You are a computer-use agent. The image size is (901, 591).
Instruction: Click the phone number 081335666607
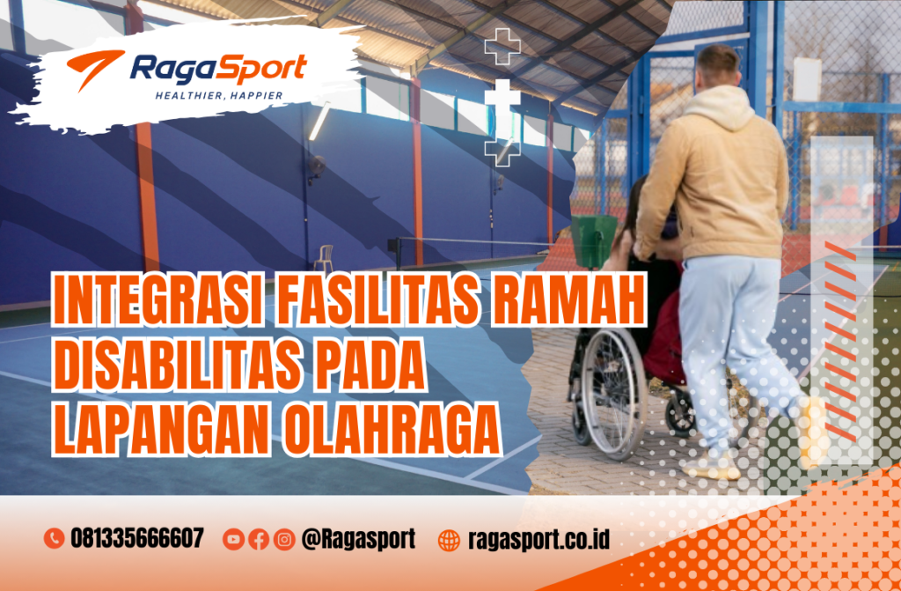coord(137,538)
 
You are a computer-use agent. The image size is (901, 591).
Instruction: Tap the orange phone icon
coord(54,538)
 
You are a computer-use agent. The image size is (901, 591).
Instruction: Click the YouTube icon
coord(233,539)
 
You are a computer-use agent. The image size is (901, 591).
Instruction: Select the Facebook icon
coord(259,539)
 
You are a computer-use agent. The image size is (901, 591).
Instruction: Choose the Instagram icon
coord(284,539)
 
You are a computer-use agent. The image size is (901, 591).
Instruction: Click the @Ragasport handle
coord(357,538)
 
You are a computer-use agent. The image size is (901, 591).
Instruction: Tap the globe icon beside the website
coord(449,539)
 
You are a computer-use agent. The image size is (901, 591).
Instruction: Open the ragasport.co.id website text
coord(539,538)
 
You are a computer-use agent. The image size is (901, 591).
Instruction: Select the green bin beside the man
coord(593,239)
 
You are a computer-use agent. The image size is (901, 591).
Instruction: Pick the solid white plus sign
coord(502,95)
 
